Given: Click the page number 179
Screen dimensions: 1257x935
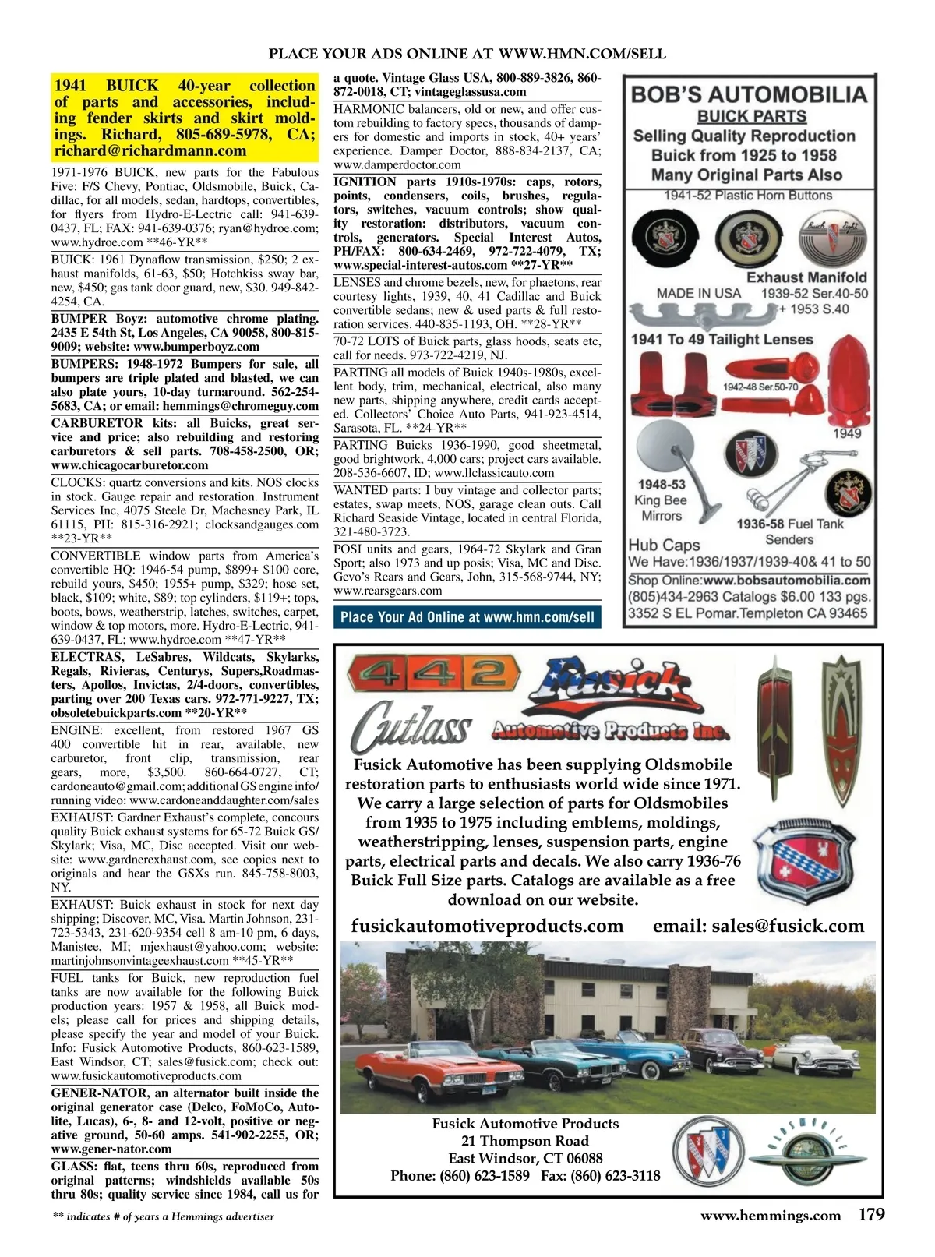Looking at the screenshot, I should (x=871, y=1215).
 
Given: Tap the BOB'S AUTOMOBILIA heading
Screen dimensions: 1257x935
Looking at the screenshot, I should (x=748, y=95).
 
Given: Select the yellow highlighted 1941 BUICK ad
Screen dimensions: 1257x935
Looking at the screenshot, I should (x=185, y=118).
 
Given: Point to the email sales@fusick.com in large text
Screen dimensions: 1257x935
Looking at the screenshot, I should (x=758, y=926).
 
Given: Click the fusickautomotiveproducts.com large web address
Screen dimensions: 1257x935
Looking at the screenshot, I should (x=488, y=926).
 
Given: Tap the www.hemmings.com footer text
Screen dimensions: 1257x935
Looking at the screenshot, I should (x=771, y=1216).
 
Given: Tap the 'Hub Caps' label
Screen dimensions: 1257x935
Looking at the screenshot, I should (x=664, y=545).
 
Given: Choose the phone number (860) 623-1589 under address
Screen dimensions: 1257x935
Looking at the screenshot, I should (x=484, y=1176).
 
